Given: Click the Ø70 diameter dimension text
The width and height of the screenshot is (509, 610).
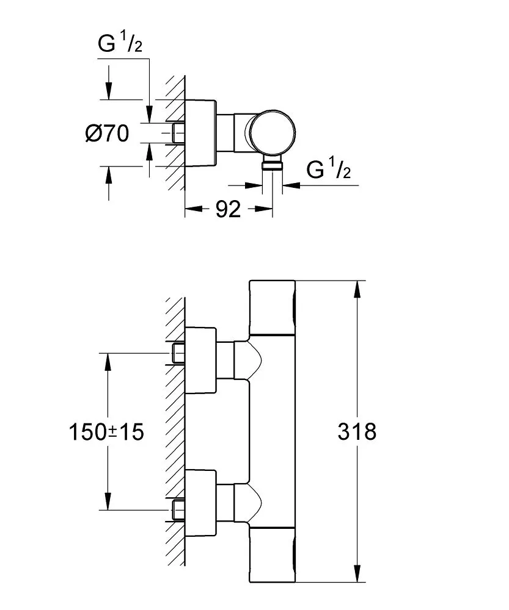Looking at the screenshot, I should coord(107,133).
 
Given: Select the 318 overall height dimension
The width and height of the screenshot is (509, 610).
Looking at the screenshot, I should coord(357,432).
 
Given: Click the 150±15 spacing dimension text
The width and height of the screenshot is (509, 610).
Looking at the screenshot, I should coord(106,432).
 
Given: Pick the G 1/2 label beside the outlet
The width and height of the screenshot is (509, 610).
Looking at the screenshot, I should coord(329,170).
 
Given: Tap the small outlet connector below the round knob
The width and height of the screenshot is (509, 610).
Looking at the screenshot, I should coord(273,163).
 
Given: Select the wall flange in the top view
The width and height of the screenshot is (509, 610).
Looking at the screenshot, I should coord(200,132).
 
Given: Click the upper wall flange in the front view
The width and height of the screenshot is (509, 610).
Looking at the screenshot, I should coord(200,360).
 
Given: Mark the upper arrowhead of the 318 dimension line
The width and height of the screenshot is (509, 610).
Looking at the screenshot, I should coord(356,288).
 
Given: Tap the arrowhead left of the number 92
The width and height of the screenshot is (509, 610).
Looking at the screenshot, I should coord(192,210).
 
